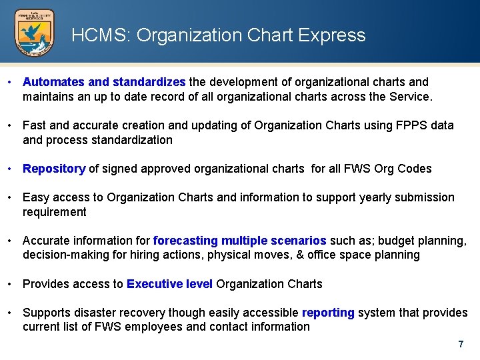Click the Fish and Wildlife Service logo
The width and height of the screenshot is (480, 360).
pos(35,33)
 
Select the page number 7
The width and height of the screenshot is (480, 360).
pos(460,345)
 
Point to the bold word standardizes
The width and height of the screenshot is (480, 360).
pos(149,82)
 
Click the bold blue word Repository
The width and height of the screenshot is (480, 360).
pos(54,169)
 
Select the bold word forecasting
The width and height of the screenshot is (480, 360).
pos(185,241)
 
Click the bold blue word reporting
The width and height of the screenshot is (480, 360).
pos(328,313)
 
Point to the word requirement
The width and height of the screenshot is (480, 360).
pos(55,212)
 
